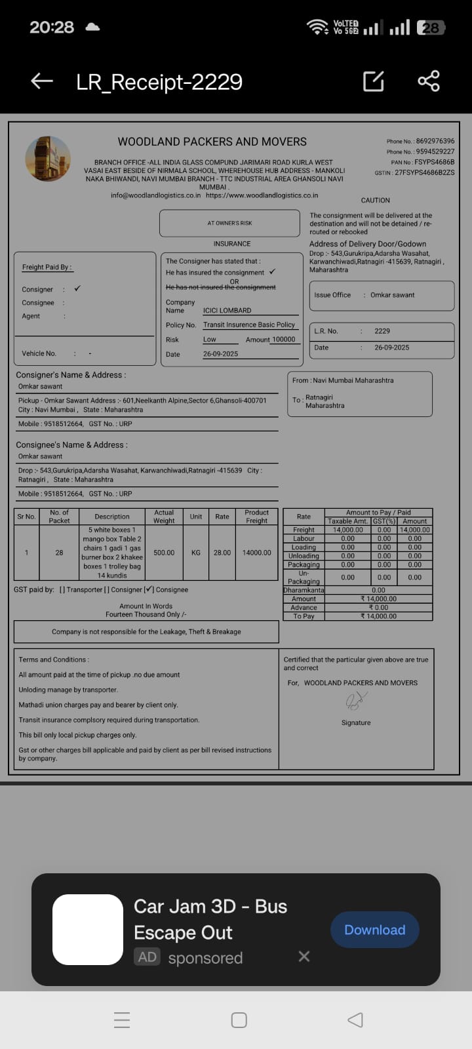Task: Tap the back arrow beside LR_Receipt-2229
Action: point(42,81)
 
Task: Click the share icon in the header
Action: point(429,81)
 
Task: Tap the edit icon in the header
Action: point(373,81)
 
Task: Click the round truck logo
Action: point(48,159)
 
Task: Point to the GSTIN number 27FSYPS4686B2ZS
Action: point(424,173)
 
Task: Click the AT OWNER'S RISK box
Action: point(229,223)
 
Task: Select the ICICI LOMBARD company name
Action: point(227,311)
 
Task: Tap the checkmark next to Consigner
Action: point(77,288)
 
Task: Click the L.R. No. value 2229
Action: point(382,331)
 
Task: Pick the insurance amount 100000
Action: point(283,340)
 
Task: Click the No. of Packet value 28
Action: point(59,553)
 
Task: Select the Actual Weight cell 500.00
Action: point(164,553)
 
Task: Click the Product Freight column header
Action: point(256,517)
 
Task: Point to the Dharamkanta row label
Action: point(304,590)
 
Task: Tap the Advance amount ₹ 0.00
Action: point(378,608)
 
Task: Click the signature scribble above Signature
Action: point(355,702)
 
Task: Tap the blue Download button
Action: point(374,930)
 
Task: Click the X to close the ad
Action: point(304,957)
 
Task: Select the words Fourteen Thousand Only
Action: point(146,614)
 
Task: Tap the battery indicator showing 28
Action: point(431,28)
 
